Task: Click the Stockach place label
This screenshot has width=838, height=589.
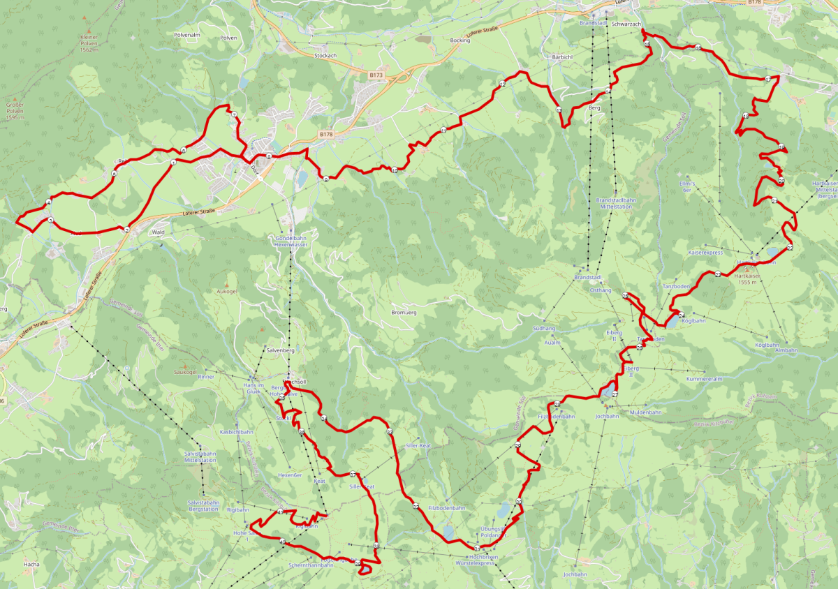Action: coord(325,55)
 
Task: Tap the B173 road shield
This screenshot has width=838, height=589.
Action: coord(376,74)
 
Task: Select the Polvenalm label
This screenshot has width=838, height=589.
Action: coord(186,34)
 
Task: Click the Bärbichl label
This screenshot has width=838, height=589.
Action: coord(562,56)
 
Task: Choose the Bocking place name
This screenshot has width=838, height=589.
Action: coord(460,40)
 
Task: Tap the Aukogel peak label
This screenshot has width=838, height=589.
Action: coord(227,291)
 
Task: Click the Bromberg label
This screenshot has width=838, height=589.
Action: coord(404,312)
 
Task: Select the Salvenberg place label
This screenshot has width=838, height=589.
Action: coord(281,350)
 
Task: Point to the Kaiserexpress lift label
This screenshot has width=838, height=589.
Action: coord(705,252)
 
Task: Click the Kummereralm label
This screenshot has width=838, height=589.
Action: coord(703,378)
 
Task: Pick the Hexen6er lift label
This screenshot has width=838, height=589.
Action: coord(288,475)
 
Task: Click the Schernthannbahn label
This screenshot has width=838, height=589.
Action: coord(310,565)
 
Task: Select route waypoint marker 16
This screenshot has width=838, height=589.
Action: coord(698,47)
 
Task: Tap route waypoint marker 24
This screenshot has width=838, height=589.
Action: coord(681,315)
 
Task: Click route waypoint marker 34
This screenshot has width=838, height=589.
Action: coord(324,419)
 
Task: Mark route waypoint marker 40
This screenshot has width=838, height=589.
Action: coord(281,512)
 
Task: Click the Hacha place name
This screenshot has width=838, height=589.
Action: coord(31,563)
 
